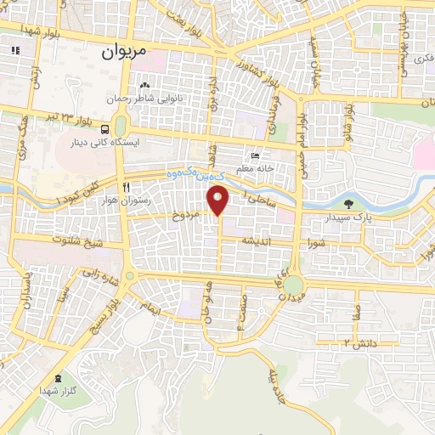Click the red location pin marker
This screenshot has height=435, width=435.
(219, 199)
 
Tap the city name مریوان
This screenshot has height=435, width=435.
(124, 52)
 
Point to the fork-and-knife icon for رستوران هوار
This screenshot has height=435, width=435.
(125, 187)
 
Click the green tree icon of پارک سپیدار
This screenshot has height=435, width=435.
(349, 202)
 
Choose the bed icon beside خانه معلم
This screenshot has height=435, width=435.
(255, 155)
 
